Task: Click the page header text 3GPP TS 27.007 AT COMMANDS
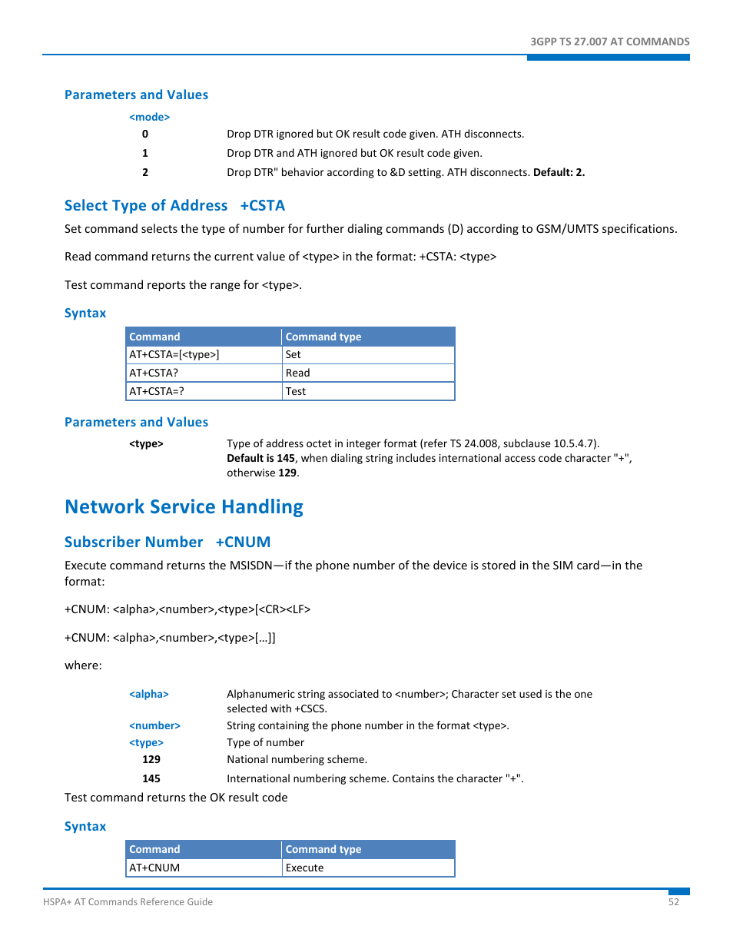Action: [x=609, y=41]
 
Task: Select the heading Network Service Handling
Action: [x=184, y=507]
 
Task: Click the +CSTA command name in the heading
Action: [x=262, y=206]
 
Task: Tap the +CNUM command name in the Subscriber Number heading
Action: [x=243, y=543]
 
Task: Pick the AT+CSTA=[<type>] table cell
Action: [x=174, y=355]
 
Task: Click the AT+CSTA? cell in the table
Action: [x=154, y=373]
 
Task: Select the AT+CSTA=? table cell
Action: [x=157, y=392]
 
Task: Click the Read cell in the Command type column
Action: [x=297, y=373]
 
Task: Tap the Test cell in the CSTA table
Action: [x=295, y=392]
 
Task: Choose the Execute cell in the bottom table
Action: [x=304, y=868]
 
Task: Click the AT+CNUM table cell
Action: [x=154, y=868]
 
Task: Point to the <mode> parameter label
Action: [x=149, y=118]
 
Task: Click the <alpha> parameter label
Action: [x=148, y=695]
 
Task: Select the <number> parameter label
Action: [x=154, y=726]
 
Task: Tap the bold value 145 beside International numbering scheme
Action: [x=151, y=779]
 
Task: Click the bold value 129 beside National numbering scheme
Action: [x=151, y=760]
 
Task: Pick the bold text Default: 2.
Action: [x=559, y=173]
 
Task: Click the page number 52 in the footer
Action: [x=673, y=902]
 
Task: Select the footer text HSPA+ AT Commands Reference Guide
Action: [x=128, y=902]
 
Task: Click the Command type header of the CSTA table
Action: [x=323, y=337]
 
